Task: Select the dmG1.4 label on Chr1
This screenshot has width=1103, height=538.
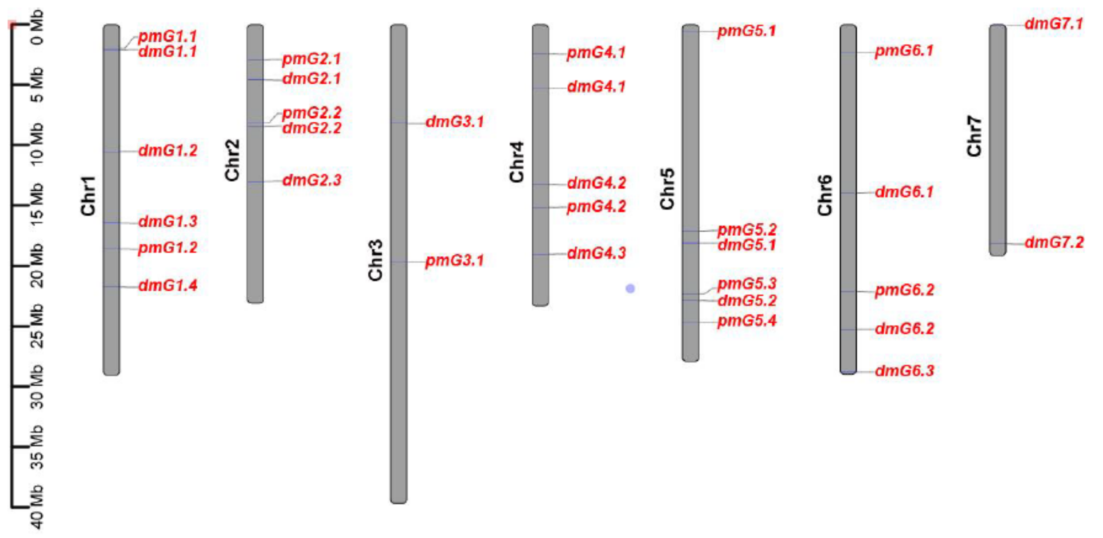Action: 168,285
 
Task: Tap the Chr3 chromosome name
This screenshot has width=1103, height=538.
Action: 375,260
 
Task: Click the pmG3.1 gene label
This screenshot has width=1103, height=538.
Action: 454,260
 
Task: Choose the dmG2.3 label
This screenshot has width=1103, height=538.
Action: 312,180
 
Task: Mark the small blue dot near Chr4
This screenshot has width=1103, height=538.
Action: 630,289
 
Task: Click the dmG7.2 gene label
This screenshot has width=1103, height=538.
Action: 1054,243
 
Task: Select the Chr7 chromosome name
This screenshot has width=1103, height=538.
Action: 974,136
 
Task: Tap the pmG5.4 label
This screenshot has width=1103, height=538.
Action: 747,321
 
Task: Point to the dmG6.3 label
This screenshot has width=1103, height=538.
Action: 904,370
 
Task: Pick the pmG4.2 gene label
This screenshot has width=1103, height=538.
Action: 596,207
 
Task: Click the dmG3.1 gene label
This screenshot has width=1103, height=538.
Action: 454,122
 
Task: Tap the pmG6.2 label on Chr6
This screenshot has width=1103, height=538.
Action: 904,290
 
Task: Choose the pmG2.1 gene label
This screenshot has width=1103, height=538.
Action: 311,59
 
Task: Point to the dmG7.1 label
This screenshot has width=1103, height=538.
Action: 1054,23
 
